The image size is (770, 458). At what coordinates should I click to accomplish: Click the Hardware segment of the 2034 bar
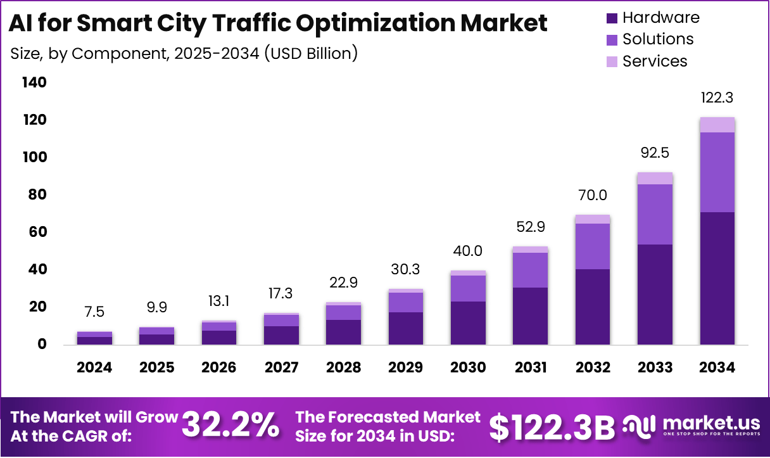tap(717, 278)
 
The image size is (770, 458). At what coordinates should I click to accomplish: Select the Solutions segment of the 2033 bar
tap(655, 214)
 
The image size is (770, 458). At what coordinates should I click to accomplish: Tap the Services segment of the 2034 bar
tap(717, 125)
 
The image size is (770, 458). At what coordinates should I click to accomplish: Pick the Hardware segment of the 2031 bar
tap(530, 315)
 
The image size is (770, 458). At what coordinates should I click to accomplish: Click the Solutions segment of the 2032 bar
tap(593, 246)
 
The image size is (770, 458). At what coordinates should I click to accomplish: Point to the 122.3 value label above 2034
tap(717, 98)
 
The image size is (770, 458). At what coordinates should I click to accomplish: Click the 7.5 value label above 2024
tap(94, 312)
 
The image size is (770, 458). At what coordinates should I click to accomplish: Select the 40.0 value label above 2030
tap(468, 251)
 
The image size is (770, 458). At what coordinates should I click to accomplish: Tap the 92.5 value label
tap(655, 153)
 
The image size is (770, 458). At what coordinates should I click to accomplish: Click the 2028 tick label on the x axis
tap(343, 368)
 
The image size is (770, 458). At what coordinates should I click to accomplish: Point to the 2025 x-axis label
tap(156, 368)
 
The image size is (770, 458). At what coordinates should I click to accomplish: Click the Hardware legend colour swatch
tap(611, 18)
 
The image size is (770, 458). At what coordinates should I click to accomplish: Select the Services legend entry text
tap(655, 61)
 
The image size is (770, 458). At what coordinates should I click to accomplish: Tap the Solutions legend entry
tap(658, 39)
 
